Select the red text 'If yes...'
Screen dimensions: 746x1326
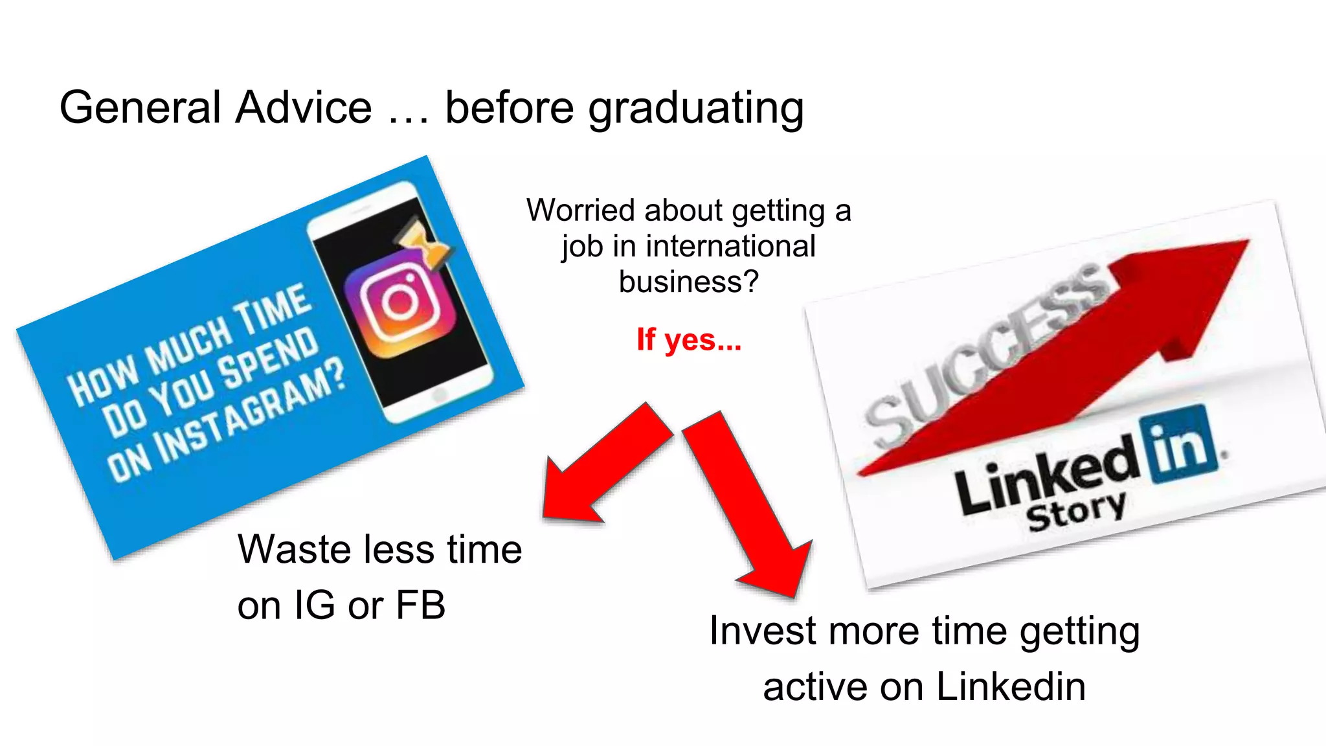(x=689, y=339)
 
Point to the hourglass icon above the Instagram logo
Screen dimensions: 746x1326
(x=424, y=244)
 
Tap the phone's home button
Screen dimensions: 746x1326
(x=439, y=394)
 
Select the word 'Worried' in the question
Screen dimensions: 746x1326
(x=580, y=210)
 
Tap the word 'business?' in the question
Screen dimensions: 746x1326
(x=688, y=282)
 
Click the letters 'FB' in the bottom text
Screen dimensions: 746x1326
(x=420, y=605)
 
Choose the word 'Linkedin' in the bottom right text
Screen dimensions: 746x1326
(x=1011, y=686)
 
